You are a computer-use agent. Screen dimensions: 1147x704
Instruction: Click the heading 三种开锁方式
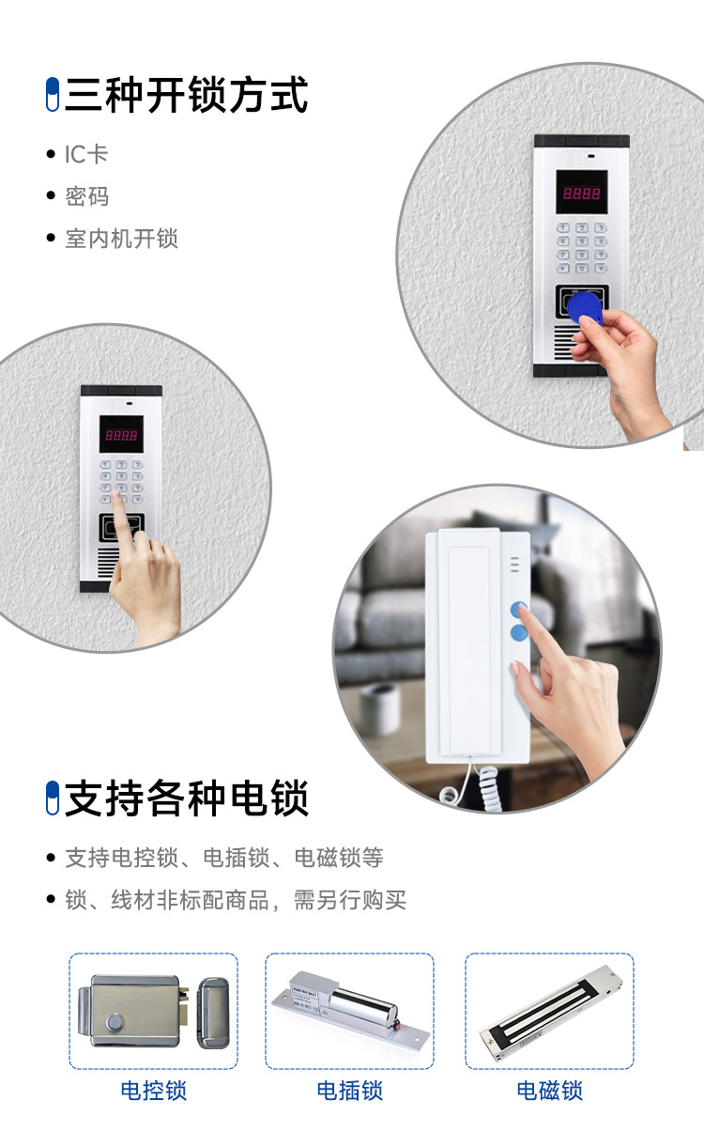[186, 96]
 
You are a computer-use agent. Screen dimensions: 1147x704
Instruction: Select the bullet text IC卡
[86, 154]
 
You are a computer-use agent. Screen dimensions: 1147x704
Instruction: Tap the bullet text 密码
[86, 196]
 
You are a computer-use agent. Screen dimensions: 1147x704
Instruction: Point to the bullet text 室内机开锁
[121, 239]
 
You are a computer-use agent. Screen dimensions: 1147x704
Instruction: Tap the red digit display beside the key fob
[581, 194]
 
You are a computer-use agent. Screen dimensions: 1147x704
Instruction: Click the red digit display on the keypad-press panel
[121, 436]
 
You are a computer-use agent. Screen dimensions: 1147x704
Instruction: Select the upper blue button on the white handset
[518, 609]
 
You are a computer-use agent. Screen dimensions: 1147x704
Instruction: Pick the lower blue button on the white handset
[518, 633]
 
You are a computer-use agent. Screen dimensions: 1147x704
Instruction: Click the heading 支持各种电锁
[186, 798]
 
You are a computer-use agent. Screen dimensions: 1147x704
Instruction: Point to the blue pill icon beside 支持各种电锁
[53, 798]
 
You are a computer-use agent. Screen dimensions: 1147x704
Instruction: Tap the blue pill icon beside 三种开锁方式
[53, 96]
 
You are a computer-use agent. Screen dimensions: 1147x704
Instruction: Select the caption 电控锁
[153, 1091]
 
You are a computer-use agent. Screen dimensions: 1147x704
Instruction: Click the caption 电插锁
[349, 1091]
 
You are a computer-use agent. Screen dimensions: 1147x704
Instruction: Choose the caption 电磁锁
[549, 1091]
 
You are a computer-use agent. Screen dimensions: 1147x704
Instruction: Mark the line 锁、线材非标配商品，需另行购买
[235, 900]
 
